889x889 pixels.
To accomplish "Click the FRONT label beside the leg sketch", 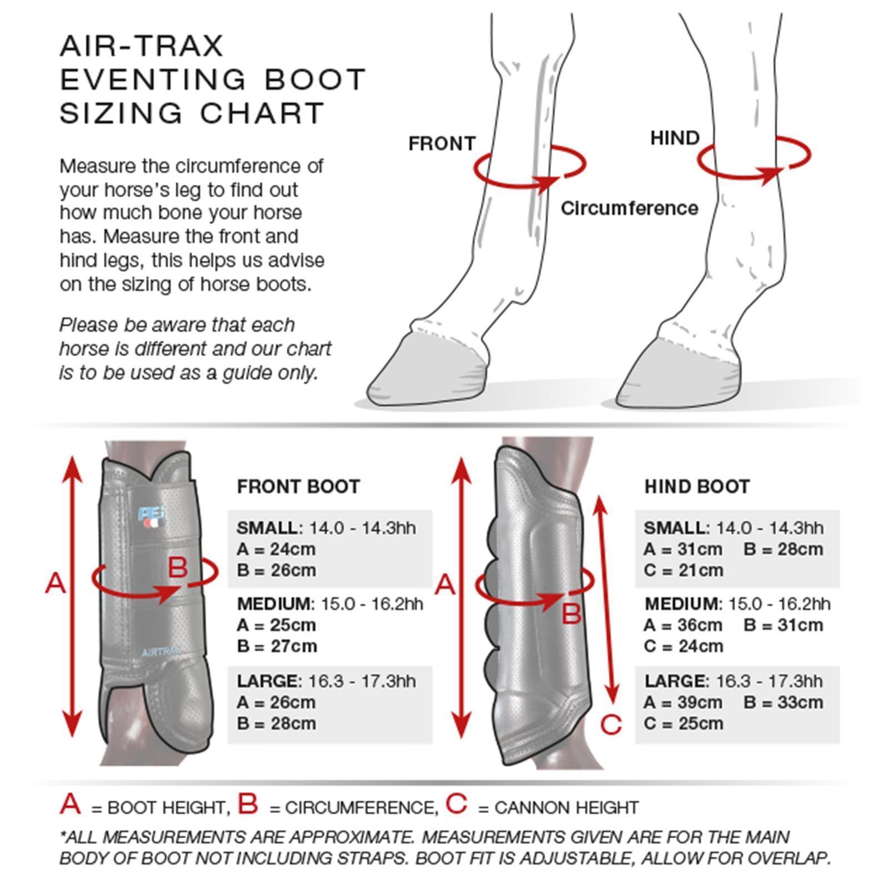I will coord(442,143).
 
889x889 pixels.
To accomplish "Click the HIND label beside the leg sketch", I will coord(675,138).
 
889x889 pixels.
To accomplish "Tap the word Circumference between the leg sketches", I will coord(629,208).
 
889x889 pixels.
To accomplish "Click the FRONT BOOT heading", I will coord(298,487).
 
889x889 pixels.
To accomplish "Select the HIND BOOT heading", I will coord(697,487).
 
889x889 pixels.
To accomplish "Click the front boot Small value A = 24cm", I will coord(276,549).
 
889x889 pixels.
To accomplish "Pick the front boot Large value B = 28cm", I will coord(276,723).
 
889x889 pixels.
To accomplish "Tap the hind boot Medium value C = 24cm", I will coord(683,646).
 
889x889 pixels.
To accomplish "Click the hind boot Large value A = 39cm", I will coord(683,702).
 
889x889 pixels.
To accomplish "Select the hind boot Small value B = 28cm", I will coord(783,549).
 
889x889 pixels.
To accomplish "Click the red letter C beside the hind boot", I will coord(611,725).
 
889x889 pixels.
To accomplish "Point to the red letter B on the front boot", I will coord(177,568).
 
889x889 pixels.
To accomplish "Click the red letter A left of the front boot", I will coord(55,584).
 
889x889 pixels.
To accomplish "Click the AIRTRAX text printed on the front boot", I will coord(162,652).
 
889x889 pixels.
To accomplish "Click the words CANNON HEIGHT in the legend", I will coord(566,807).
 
